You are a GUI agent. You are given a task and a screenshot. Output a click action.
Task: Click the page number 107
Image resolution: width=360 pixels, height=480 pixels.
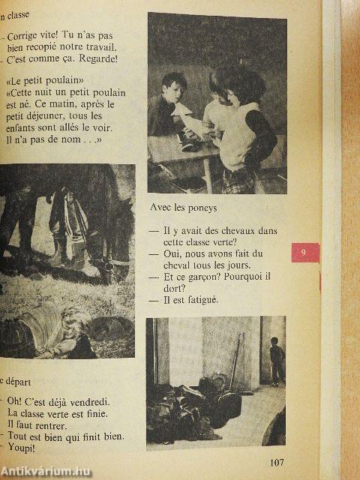pyautogui.click(x=277, y=462)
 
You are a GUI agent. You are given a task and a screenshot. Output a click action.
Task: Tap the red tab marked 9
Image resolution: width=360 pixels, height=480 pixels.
pyautogui.click(x=304, y=253)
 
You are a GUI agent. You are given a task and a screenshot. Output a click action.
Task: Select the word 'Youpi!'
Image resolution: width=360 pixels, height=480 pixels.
pyautogui.click(x=24, y=448)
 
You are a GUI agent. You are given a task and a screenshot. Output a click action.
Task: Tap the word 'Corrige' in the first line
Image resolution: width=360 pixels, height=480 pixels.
pyautogui.click(x=27, y=35)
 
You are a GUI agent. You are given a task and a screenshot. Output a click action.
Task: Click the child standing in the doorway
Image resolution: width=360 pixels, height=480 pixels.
pyautogui.click(x=277, y=359)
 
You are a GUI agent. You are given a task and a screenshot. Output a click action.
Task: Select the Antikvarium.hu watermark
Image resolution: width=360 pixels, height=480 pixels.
pyautogui.click(x=45, y=471)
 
